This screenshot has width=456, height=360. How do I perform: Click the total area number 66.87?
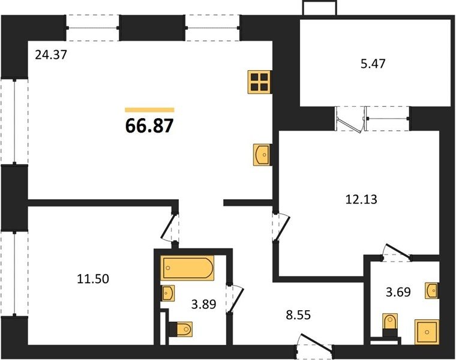tap(149, 125)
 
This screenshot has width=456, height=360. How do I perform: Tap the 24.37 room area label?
tap(51, 55)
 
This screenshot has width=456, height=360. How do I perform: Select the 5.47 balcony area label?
tap(373, 64)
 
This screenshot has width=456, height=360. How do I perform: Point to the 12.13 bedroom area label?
tap(361, 199)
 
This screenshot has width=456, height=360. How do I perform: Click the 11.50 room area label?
tap(93, 279)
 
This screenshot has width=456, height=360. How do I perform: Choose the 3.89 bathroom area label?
tap(203, 304)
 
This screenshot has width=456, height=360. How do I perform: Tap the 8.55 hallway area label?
tap(298, 314)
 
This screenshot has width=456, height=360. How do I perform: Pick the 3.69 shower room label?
tap(398, 292)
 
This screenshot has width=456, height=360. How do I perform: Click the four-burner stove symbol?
tap(259, 82)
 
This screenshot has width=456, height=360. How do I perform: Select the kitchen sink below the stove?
tap(262, 155)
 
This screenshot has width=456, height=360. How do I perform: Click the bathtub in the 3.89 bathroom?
tap(187, 268)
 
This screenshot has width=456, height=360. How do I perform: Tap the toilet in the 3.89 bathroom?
tap(181, 329)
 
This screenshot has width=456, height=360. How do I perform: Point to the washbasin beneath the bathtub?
tap(169, 293)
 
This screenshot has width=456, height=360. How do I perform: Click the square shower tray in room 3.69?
tap(427, 332)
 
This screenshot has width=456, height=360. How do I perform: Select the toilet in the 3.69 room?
tap(389, 325)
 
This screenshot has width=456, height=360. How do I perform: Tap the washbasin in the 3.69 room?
tap(431, 290)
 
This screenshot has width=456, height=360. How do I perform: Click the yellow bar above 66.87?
tap(149, 110)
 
